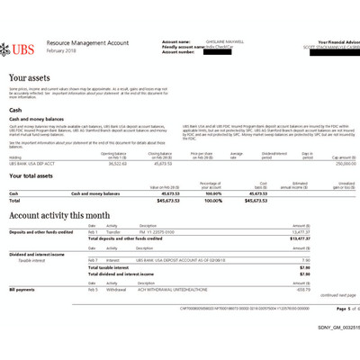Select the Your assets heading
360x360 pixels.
coord(29,78)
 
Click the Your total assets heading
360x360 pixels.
coord(37,176)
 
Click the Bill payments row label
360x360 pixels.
coord(24,290)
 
